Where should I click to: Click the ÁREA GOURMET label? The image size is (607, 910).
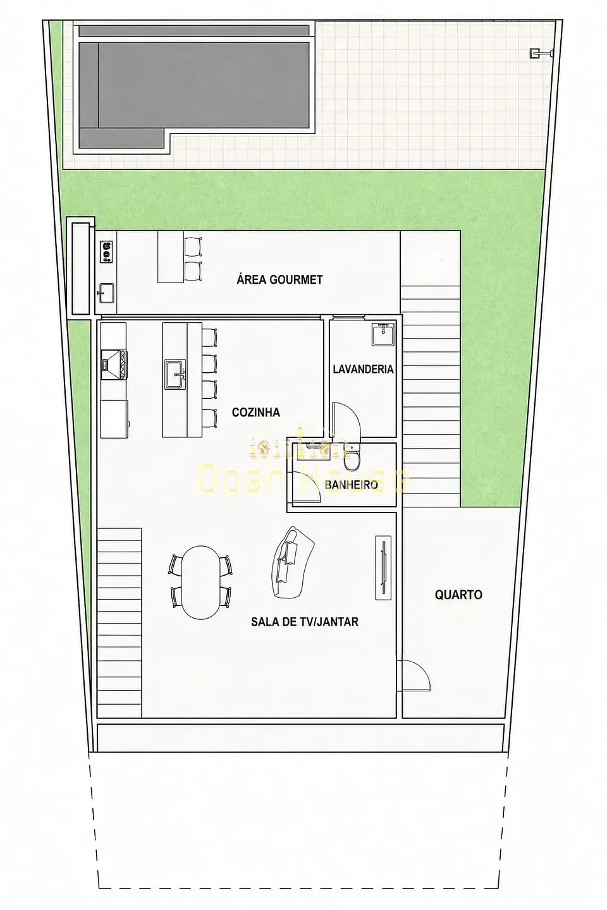click(279, 279)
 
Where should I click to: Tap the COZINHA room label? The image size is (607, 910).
click(255, 412)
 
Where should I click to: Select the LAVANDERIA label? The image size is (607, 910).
click(363, 369)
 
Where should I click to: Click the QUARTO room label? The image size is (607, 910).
click(458, 595)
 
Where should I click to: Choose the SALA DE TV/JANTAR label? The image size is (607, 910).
click(305, 622)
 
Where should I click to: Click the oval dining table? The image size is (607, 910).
click(200, 582)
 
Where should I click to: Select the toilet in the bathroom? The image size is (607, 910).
click(350, 456)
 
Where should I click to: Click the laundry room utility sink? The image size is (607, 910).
click(384, 334)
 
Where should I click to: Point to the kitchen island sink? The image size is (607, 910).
click(176, 374)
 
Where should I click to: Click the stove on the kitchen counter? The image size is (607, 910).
click(113, 365)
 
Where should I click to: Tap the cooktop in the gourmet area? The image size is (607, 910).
click(106, 252)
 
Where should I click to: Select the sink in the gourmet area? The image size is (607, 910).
click(106, 293)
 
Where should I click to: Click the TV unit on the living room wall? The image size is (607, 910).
click(383, 567)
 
